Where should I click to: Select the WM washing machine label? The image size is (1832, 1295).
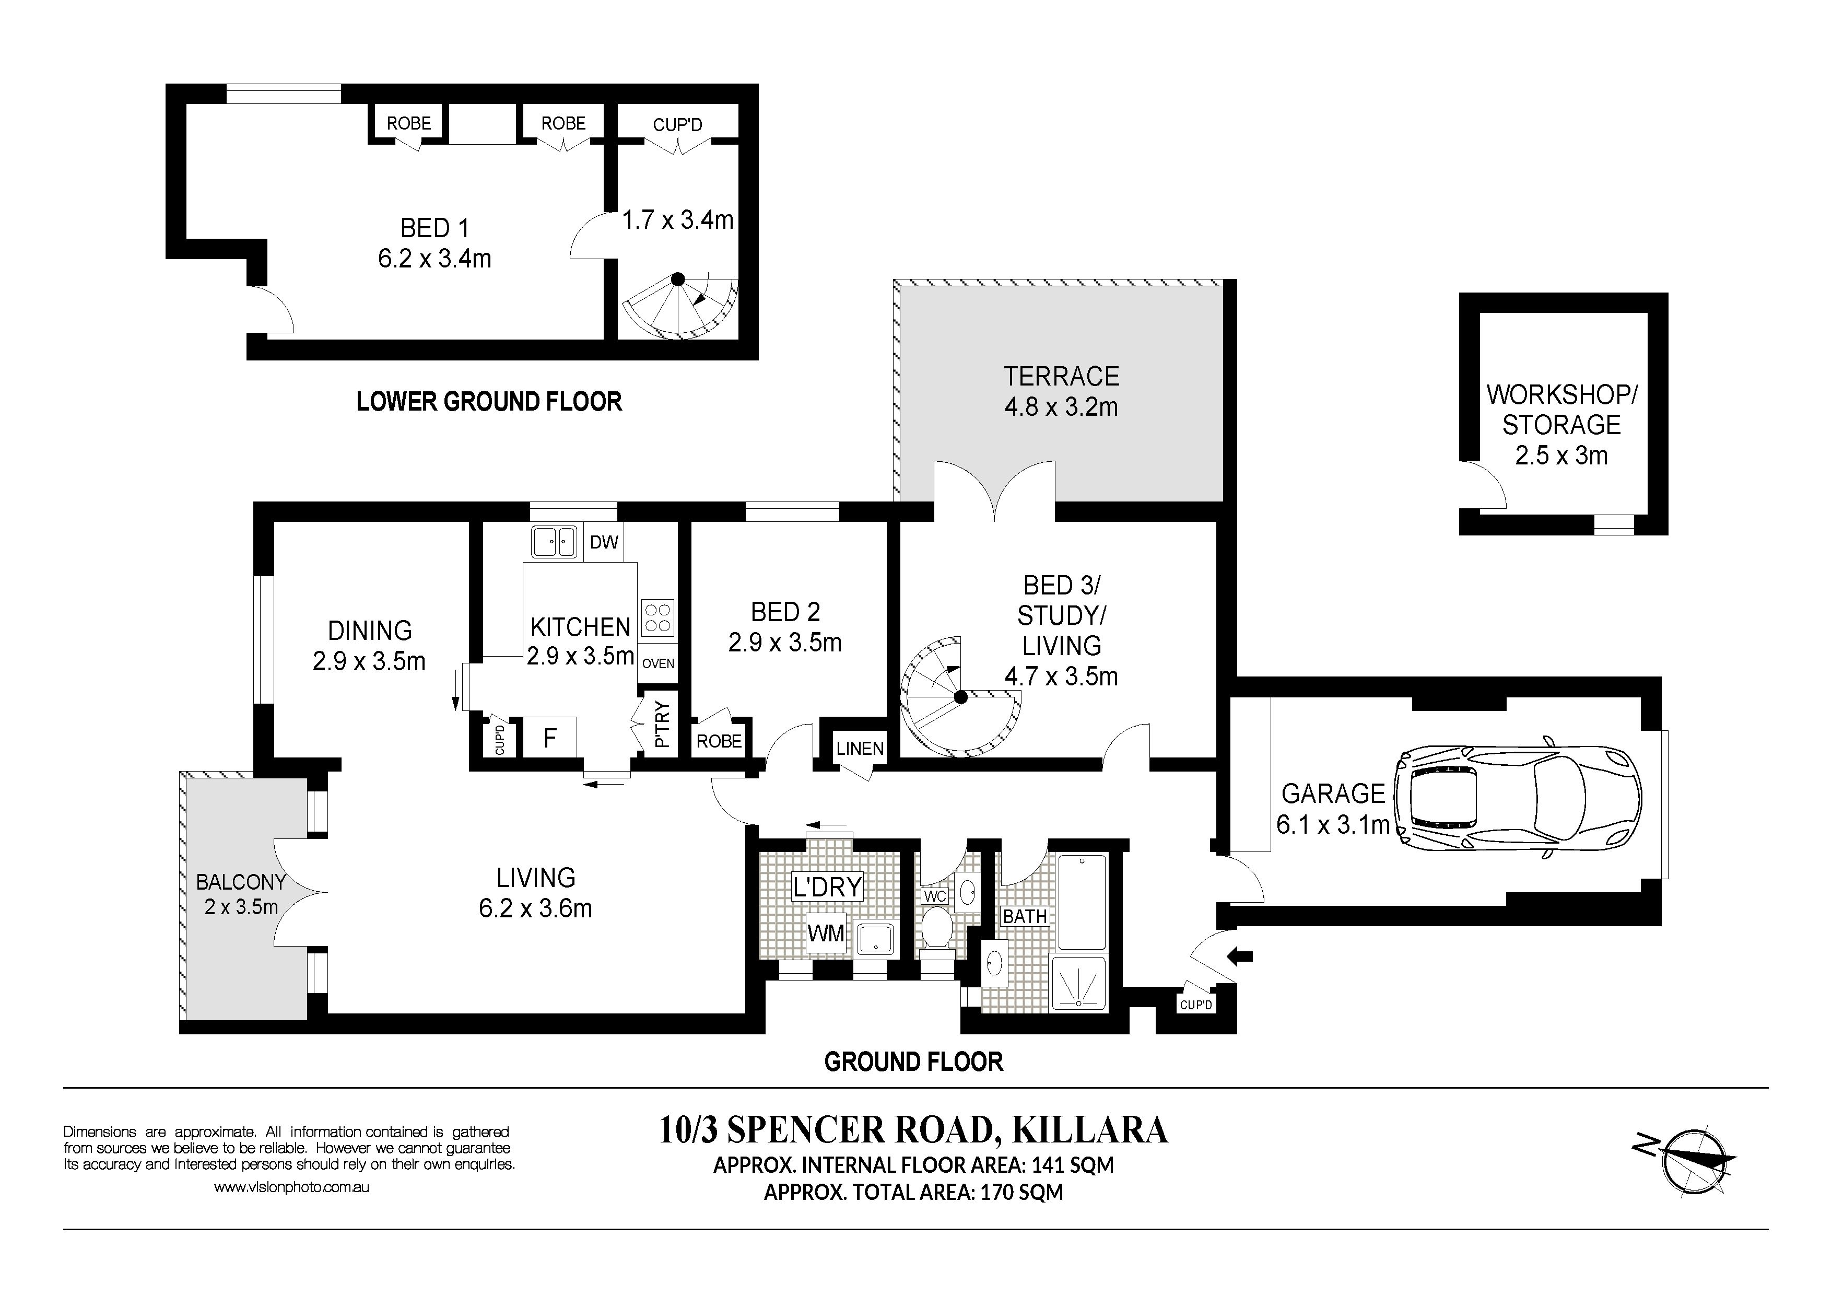coord(826,933)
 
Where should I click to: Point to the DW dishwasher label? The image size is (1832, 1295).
coord(604,543)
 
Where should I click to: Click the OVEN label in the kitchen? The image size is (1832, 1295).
coord(658,663)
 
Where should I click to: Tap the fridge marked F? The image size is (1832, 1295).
coord(550,738)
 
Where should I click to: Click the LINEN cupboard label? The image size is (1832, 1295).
coord(860,749)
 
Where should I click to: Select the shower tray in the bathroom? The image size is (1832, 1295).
coord(1079,984)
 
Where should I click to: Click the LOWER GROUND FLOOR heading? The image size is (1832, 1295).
coord(489,401)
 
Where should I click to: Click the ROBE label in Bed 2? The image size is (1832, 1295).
coord(719,741)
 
